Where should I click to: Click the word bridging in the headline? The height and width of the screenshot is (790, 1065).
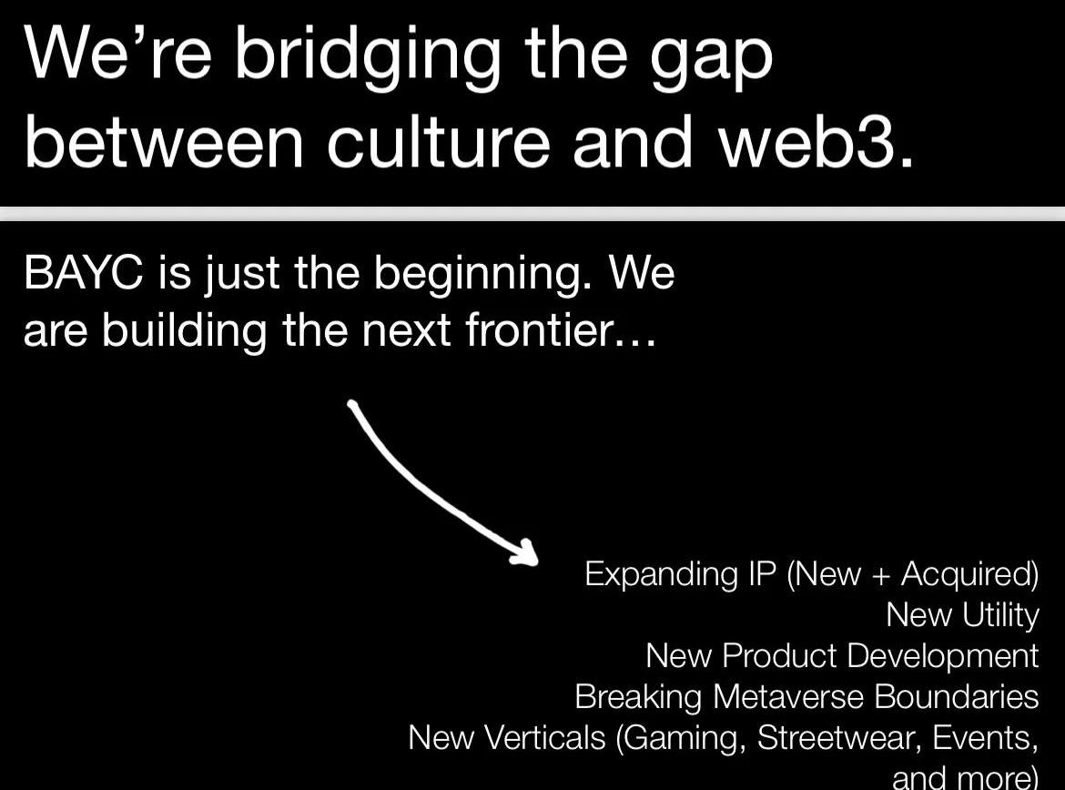(x=369, y=56)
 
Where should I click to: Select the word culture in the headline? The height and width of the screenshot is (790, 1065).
(x=438, y=142)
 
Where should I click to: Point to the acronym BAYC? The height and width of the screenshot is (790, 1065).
(x=84, y=273)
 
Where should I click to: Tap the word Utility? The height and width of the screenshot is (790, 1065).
(x=1000, y=616)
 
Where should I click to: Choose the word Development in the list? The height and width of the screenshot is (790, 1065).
(x=943, y=657)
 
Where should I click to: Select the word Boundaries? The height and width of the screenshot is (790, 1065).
(x=957, y=696)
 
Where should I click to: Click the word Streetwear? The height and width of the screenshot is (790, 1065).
(x=839, y=738)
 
